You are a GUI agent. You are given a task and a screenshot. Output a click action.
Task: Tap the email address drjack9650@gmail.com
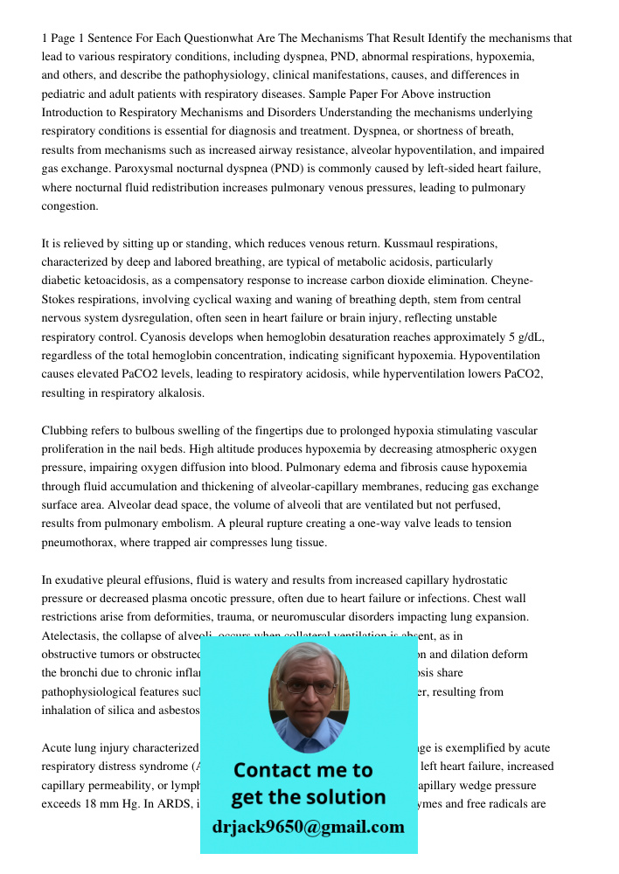(309, 826)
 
